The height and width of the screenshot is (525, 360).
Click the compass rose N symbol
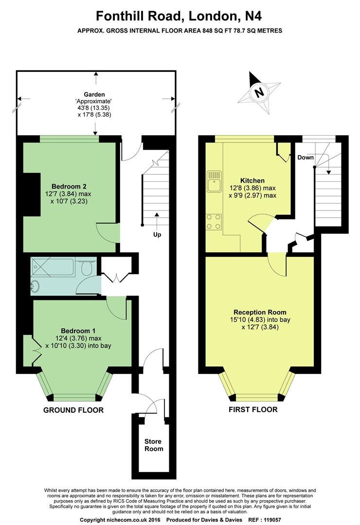[258, 91]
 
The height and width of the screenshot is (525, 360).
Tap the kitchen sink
[214, 181]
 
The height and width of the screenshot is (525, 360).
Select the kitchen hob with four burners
[214, 222]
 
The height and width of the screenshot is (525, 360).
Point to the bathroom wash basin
[35, 287]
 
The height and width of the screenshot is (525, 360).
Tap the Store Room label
[154, 445]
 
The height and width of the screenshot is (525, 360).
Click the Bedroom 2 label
[66, 187]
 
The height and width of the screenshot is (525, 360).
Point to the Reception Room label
[260, 312]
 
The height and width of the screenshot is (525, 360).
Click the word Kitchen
[252, 181]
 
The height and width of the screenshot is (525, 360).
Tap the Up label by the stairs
[157, 234]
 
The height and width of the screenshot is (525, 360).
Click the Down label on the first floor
[306, 157]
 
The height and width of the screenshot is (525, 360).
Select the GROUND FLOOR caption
[73, 410]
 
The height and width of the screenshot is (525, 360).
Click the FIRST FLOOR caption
[253, 409]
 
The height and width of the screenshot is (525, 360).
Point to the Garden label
[94, 94]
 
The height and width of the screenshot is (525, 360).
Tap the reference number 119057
[272, 520]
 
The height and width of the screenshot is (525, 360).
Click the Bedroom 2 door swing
[108, 232]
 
